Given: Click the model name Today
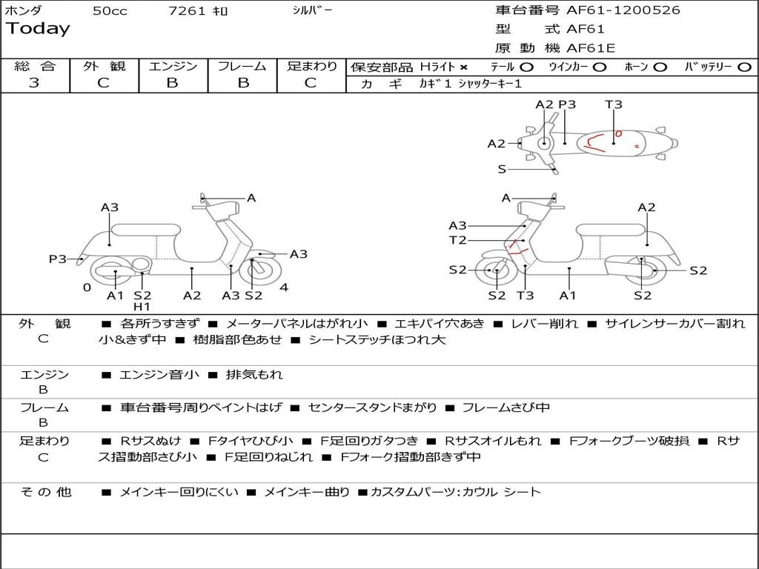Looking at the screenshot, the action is click(38, 29).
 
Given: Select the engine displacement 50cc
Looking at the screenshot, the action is click(110, 11).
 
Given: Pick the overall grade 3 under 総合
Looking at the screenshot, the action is click(34, 83).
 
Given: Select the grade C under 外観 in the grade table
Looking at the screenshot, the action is click(104, 83).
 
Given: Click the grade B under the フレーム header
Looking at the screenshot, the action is click(242, 83).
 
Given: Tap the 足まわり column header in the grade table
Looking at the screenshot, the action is click(312, 67).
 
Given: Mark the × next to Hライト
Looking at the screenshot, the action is click(463, 67).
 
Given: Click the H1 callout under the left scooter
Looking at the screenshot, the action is click(142, 307).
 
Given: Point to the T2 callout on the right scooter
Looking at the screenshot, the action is click(457, 240).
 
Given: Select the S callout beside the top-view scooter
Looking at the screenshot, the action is click(502, 170).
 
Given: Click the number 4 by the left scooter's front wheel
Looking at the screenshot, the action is click(284, 287).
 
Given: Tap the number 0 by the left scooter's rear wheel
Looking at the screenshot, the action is click(87, 287).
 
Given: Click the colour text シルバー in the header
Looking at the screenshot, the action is click(313, 10).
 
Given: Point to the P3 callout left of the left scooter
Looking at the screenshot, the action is click(58, 259).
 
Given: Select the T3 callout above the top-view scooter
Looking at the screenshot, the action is click(613, 104).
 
